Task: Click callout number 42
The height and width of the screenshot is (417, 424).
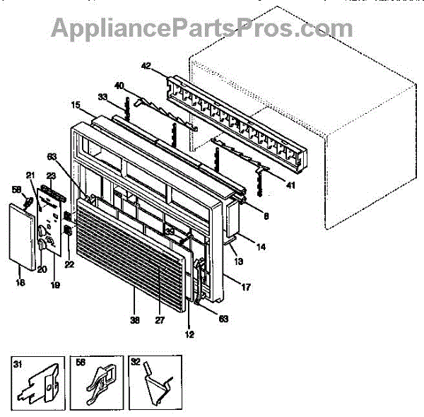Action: (146, 66)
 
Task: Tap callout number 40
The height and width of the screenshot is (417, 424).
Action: (119, 86)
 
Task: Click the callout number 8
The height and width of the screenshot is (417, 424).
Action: (266, 218)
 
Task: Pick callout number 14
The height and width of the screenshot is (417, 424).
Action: (261, 248)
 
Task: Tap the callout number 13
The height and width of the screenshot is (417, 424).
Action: (239, 262)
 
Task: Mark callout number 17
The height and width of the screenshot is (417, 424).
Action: (245, 288)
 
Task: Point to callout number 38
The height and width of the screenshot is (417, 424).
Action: (135, 319)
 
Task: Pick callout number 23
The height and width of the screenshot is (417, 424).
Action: (51, 176)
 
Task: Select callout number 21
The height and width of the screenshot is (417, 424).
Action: (30, 176)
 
